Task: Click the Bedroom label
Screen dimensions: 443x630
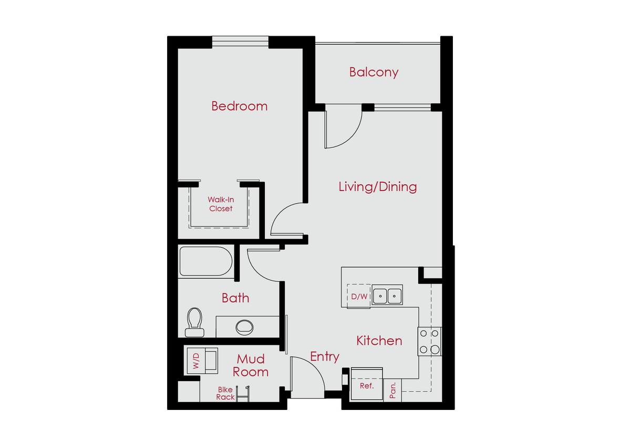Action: (239, 106)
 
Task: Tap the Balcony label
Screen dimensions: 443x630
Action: (374, 72)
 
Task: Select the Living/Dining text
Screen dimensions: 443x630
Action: (377, 186)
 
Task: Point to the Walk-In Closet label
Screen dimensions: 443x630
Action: (221, 204)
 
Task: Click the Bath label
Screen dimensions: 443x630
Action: (235, 298)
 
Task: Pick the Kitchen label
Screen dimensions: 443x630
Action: (379, 341)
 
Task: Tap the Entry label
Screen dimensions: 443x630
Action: (324, 357)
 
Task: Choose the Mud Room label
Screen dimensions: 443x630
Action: (251, 365)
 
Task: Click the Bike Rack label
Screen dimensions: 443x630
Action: (225, 394)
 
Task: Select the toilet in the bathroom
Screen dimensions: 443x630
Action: (194, 321)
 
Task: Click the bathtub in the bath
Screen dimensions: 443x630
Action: (206, 261)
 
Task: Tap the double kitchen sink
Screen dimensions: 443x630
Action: (387, 296)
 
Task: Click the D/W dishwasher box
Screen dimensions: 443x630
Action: (359, 297)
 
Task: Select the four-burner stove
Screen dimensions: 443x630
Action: (430, 341)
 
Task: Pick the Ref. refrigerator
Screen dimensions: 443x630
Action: (366, 386)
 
